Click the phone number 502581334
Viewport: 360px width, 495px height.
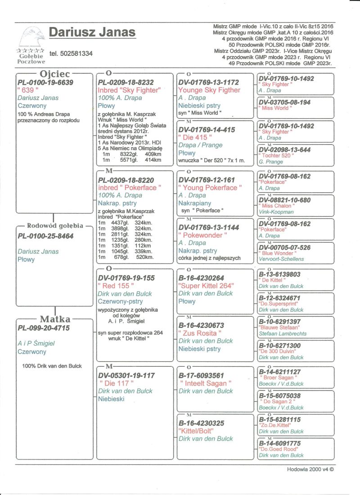point(71,54)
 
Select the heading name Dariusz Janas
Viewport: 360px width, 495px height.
point(92,32)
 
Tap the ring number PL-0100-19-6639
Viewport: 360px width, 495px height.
point(45,82)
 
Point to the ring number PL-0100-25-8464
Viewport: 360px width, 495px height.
point(45,236)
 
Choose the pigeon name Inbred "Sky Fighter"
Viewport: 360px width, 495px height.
point(129,90)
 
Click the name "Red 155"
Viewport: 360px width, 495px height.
point(116,286)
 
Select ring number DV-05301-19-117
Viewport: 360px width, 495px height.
point(126,375)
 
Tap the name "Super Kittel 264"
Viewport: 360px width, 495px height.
point(206,286)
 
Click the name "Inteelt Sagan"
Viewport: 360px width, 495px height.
point(205,383)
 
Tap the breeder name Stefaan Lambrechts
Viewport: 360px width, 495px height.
point(282,334)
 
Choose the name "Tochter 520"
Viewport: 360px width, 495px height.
point(277,156)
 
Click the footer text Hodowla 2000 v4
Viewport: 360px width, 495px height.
point(310,469)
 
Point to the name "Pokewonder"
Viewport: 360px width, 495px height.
point(201,235)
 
